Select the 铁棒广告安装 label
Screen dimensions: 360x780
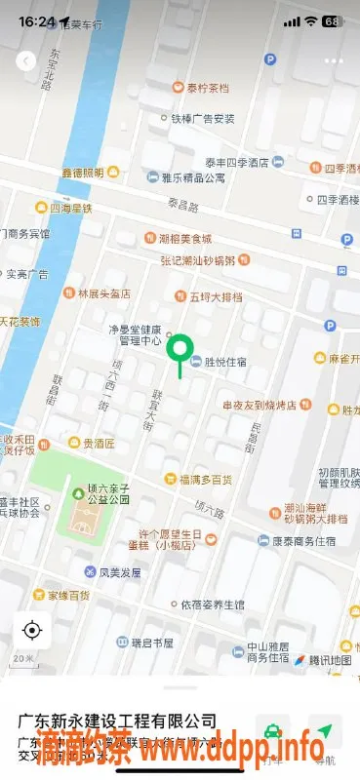203,119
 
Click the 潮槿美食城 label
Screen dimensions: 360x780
186,238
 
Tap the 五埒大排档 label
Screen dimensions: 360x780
214,295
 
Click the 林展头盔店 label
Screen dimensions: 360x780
104,292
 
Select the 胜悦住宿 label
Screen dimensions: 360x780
225,362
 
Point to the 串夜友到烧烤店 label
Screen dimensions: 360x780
259,404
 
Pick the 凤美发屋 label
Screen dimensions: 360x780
119,571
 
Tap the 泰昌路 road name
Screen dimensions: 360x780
182,207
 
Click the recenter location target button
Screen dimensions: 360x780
32,630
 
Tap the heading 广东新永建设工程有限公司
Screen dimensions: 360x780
118,721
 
